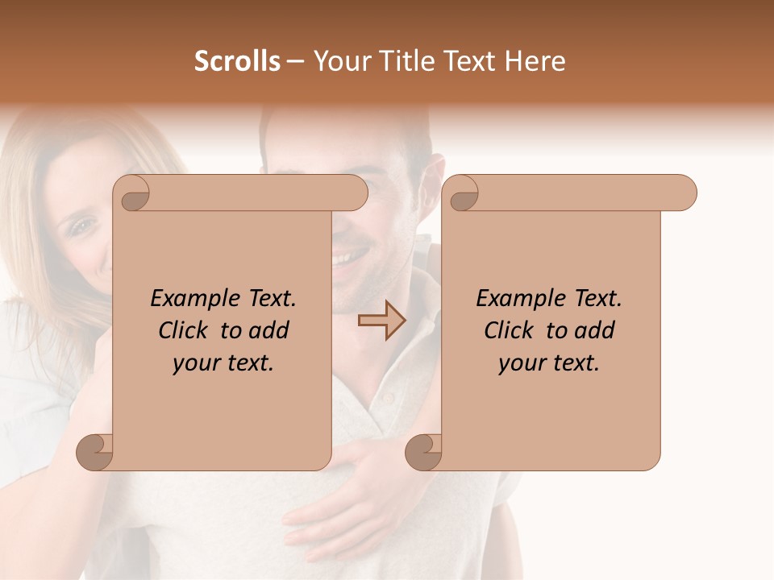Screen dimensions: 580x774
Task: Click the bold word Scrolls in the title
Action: [238, 61]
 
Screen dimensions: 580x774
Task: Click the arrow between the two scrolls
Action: [381, 320]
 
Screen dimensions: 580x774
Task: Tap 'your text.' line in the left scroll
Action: [223, 363]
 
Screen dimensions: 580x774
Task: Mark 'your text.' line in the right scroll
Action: [549, 363]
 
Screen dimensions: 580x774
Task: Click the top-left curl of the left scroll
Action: [134, 193]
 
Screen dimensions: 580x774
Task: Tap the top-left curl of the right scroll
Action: [463, 193]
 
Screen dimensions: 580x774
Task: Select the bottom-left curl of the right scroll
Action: [424, 452]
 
